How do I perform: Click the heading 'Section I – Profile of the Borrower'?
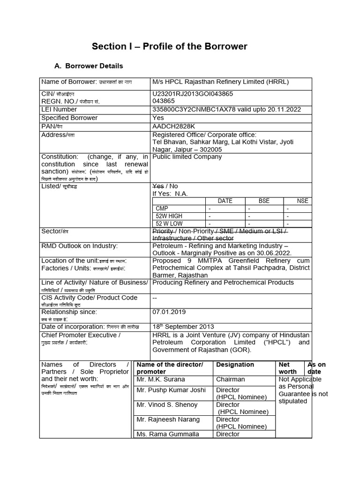(169, 46)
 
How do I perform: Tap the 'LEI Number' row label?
(59, 110)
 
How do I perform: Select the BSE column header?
(264, 201)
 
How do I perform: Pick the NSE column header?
(303, 201)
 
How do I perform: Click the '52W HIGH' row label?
(169, 216)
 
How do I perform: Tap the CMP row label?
(162, 208)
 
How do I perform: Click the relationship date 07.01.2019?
(169, 312)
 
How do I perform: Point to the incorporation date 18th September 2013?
(183, 327)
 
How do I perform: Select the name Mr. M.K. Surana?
(161, 379)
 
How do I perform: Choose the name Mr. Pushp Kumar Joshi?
(171, 390)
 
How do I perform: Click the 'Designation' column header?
(235, 365)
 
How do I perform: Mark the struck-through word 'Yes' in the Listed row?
(158, 186)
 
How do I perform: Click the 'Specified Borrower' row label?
(69, 118)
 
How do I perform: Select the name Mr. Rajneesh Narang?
(168, 420)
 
